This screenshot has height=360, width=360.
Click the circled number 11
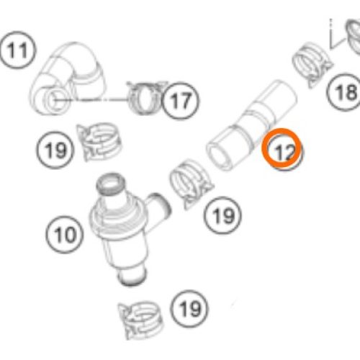click(17, 50)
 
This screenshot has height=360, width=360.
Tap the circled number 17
click(180, 100)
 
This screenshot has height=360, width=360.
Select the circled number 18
click(345, 92)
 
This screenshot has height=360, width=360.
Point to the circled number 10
click(65, 234)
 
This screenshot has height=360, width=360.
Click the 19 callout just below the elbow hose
click(55, 150)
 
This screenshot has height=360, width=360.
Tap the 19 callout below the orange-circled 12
click(222, 215)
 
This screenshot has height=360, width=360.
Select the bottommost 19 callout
click(189, 309)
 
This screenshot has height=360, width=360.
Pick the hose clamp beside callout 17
click(144, 98)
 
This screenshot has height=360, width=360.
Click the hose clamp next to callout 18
click(312, 63)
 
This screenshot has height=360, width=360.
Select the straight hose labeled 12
click(252, 125)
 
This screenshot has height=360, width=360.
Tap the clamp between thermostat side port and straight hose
click(190, 184)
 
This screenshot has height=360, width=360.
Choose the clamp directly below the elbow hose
click(99, 142)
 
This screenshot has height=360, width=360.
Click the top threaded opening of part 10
click(111, 184)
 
